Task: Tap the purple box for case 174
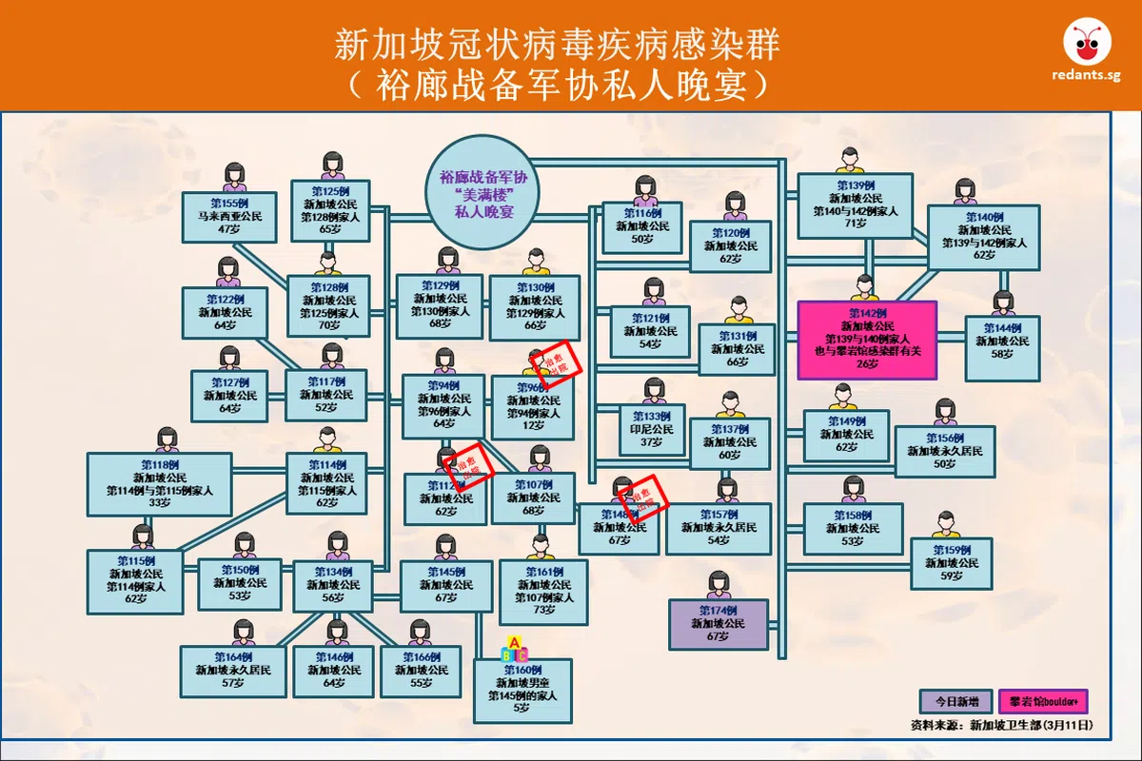(718, 624)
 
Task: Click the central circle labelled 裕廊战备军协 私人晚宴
(482, 194)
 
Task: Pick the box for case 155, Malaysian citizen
(228, 217)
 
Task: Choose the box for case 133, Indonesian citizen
(651, 429)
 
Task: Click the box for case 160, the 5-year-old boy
(522, 691)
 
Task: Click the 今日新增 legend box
(955, 702)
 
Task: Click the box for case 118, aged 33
(159, 484)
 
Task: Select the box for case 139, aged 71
(855, 205)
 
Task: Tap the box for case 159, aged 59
(951, 563)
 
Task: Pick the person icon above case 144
(1003, 303)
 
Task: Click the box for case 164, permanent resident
(233, 671)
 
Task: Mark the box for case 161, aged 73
(542, 592)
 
